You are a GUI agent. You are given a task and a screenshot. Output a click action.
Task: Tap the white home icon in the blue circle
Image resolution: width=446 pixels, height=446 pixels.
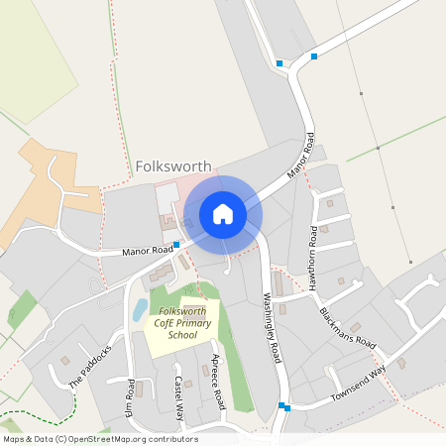pyautogui.click(x=223, y=214)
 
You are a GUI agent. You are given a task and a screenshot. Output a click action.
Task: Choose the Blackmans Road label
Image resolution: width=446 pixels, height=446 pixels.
pyautogui.click(x=348, y=327)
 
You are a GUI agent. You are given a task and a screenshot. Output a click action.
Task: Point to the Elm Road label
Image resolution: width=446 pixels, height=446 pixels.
pyautogui.click(x=129, y=396)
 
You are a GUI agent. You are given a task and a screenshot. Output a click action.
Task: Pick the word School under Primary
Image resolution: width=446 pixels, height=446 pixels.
pyautogui.click(x=182, y=335)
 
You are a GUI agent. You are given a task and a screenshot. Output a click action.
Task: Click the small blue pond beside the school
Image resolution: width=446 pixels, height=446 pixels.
pyautogui.click(x=140, y=309)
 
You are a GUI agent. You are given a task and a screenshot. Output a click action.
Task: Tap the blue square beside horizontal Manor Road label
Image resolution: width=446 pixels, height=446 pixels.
pyautogui.click(x=176, y=245)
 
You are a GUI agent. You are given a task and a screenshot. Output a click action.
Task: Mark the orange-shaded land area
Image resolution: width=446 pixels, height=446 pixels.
pyautogui.click(x=50, y=183)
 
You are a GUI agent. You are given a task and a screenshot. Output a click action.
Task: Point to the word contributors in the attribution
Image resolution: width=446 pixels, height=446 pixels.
pyautogui.click(x=171, y=439)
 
